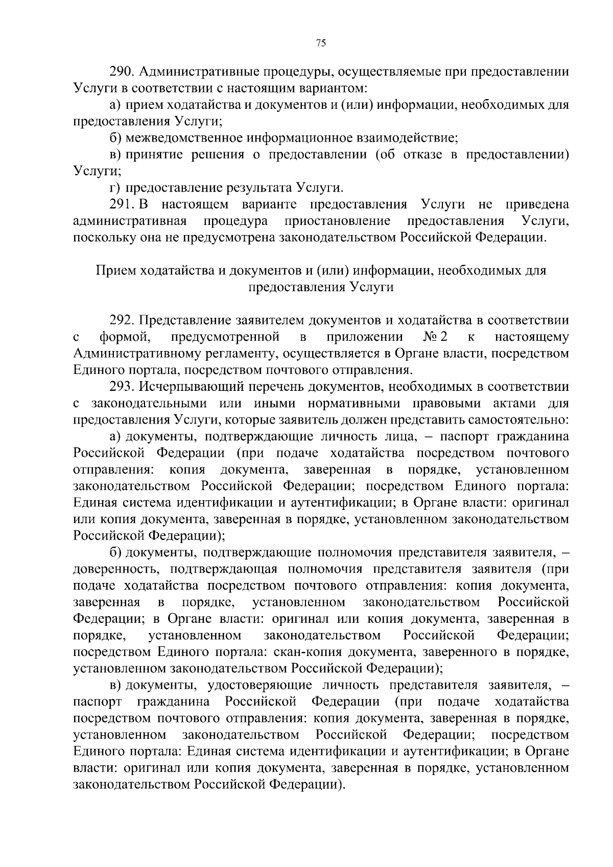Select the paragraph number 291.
122,205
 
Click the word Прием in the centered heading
115,270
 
